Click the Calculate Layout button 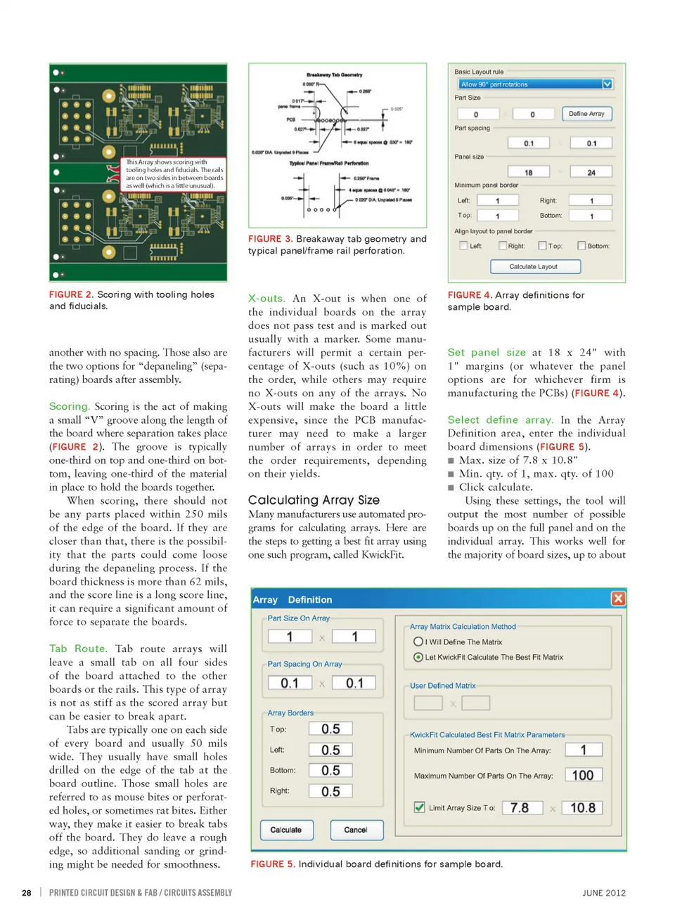tap(535, 267)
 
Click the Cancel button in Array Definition tap(356, 830)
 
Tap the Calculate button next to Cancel tap(286, 830)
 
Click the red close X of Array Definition tap(618, 599)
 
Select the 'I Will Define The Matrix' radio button tap(418, 642)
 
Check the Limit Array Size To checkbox tap(420, 807)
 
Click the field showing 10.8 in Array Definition tap(583, 808)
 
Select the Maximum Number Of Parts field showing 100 tap(583, 775)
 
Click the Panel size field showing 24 tap(591, 172)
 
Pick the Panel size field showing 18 tap(529, 172)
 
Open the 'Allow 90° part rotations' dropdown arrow tap(607, 84)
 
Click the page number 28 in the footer tap(27, 893)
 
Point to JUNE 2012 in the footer tap(603, 893)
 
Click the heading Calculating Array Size tap(314, 500)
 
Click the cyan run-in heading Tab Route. tap(77, 649)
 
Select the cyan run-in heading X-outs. tap(266, 299)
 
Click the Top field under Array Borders tap(330, 729)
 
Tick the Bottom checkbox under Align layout tap(581, 246)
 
